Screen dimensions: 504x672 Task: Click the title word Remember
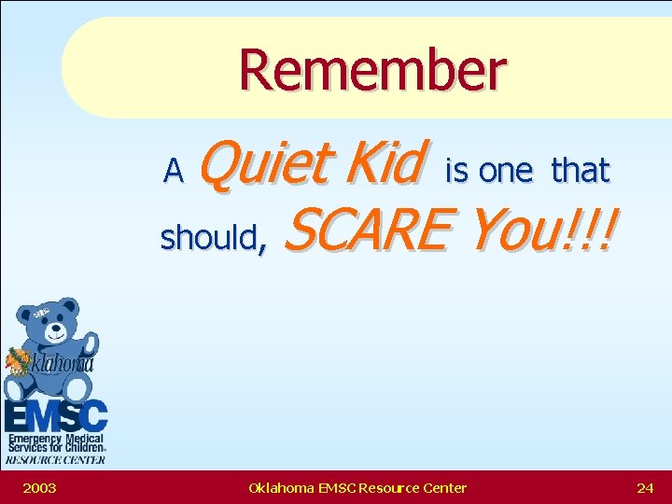pos(372,72)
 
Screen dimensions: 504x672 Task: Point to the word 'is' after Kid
pos(456,171)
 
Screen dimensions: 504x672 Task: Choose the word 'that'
pos(580,171)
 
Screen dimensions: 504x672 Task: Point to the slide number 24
pos(645,487)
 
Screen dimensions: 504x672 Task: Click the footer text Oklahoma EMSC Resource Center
pos(357,487)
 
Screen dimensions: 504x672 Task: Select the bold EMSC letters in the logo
pos(56,415)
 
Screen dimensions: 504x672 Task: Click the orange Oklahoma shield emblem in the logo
pos(20,360)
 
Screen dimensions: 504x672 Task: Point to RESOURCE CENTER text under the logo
pos(55,459)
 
